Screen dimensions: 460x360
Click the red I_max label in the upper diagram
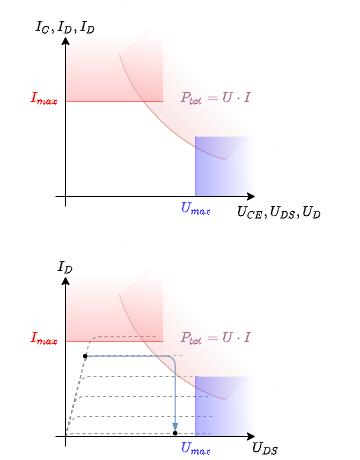pyautogui.click(x=44, y=98)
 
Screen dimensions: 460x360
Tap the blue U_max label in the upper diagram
pyautogui.click(x=195, y=208)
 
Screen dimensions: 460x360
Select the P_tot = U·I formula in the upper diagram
pyautogui.click(x=215, y=97)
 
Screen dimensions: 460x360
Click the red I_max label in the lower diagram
pyautogui.click(x=44, y=338)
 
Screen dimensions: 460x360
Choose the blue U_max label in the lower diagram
pyautogui.click(x=195, y=448)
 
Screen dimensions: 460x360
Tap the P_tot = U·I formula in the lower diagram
pyautogui.click(x=215, y=337)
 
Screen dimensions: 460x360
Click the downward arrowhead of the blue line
pyautogui.click(x=176, y=426)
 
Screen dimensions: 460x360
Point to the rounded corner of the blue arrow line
pyautogui.click(x=173, y=358)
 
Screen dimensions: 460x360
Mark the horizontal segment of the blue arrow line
pyautogui.click(x=125, y=355)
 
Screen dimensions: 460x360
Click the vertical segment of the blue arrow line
pyautogui.click(x=176, y=395)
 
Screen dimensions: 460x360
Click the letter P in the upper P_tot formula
pyautogui.click(x=185, y=97)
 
